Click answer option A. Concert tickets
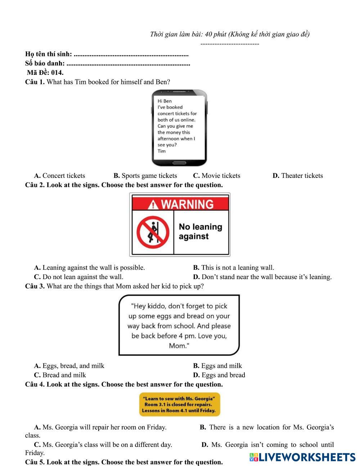[60, 176]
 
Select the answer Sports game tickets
[145, 176]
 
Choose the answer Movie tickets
[217, 176]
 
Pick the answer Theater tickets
[298, 176]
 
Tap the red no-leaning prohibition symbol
[153, 232]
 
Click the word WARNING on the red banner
[187, 205]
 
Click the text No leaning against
[200, 232]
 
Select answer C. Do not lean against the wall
[79, 277]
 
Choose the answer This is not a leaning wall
[234, 268]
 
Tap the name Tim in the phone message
[162, 151]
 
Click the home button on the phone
[179, 163]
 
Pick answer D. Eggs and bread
[219, 375]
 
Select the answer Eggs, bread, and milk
[69, 366]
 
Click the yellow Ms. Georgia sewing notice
[179, 404]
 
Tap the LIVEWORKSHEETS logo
[302, 457]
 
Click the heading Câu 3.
[35, 286]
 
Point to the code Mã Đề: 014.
[45, 72]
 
